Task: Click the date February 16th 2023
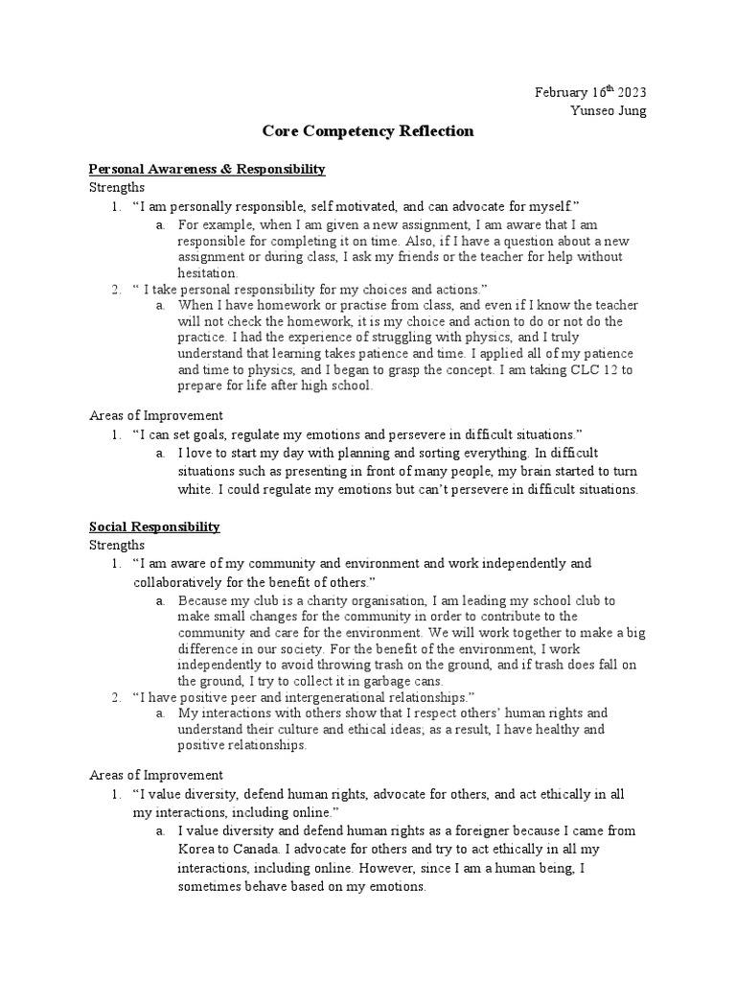(590, 92)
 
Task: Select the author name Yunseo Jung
(609, 110)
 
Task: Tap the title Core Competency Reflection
(368, 131)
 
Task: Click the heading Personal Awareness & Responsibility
(207, 169)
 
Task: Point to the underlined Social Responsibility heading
(154, 526)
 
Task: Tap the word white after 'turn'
(195, 489)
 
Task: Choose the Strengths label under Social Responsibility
(116, 545)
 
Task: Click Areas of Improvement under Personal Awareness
(156, 415)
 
